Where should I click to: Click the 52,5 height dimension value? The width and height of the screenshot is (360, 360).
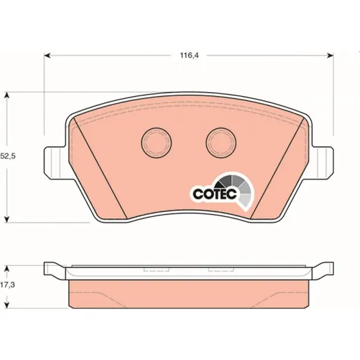click(7, 156)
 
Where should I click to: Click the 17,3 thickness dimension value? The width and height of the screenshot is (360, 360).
click(7, 285)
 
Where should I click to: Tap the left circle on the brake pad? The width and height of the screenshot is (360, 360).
click(156, 143)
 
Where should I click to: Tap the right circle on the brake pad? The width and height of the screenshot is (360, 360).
click(221, 143)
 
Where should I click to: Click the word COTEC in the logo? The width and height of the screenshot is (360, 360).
click(215, 194)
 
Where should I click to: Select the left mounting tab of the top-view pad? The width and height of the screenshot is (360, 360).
click(55, 163)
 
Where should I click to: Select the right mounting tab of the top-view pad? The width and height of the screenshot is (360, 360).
click(322, 163)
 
